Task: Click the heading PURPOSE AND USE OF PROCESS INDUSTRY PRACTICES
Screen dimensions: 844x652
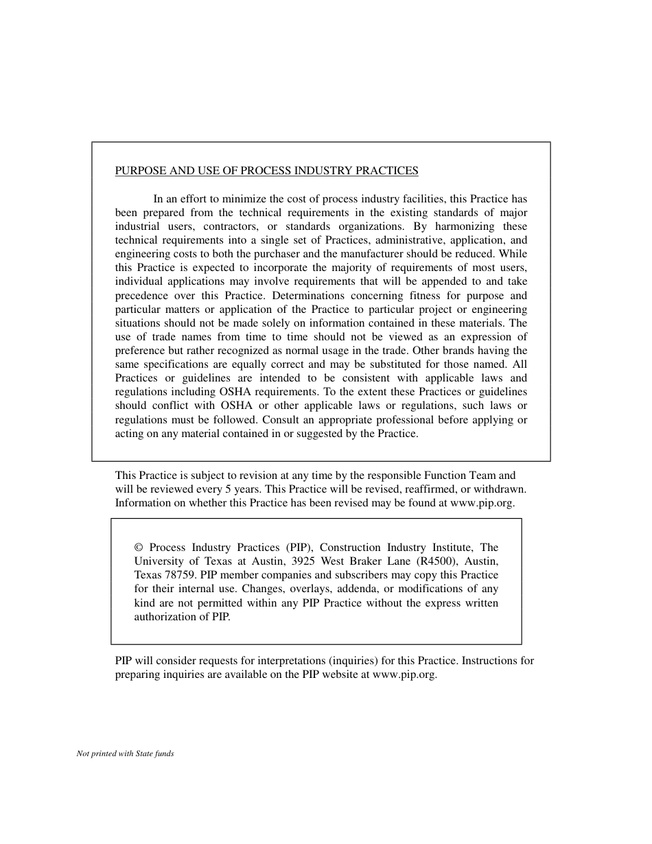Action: coord(266,171)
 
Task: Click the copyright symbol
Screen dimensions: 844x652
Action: coord(139,548)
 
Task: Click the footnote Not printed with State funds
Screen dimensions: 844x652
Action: coord(126,753)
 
